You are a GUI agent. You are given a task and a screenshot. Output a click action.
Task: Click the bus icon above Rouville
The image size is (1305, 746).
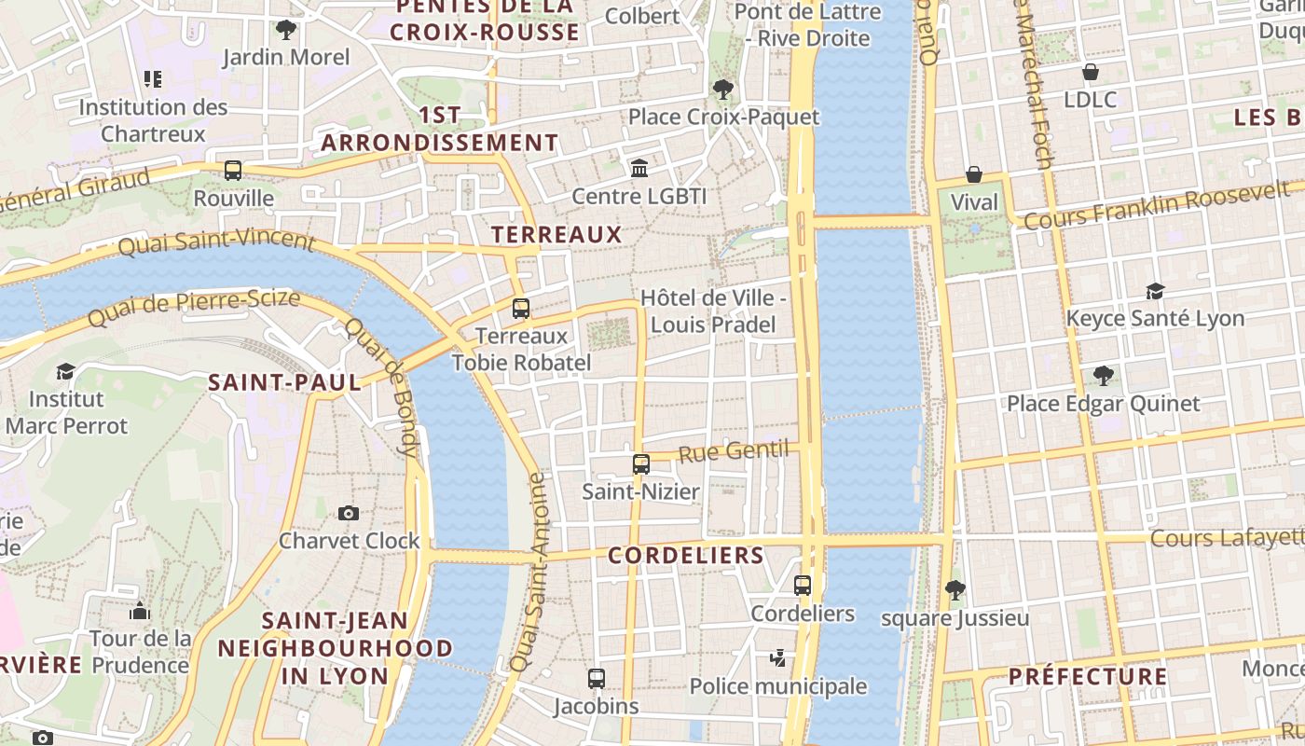[x=233, y=171]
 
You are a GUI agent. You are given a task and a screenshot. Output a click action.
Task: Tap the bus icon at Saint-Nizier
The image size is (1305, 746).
[x=641, y=463]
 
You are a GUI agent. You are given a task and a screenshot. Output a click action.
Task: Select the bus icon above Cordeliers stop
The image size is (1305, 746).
[x=803, y=586]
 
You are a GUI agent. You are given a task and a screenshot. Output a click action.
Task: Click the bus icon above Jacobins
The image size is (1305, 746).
[x=597, y=679]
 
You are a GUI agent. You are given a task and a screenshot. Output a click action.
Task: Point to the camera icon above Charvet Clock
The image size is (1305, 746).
[x=349, y=513]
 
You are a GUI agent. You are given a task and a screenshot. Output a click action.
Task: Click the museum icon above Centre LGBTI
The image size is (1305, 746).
[x=639, y=169]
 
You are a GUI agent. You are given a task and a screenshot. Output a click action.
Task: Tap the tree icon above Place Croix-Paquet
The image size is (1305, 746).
[x=722, y=90]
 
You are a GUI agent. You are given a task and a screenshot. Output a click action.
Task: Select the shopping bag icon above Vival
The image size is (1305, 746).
[x=974, y=174]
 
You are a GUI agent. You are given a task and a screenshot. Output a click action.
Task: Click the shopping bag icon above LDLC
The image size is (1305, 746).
[x=1091, y=72]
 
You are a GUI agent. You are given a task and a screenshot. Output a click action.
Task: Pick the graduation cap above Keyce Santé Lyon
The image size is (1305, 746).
[x=1155, y=291]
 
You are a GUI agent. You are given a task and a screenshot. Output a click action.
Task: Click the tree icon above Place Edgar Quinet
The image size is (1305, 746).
[x=1104, y=376]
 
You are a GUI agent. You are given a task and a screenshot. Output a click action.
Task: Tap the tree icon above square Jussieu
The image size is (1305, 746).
[x=955, y=589]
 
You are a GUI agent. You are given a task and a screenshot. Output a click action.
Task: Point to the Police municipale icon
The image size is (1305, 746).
[x=777, y=659]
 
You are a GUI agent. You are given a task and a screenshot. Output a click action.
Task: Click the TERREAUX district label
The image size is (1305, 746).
[x=556, y=234]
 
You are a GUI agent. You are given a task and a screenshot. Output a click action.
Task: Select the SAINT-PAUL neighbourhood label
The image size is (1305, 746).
[x=284, y=382]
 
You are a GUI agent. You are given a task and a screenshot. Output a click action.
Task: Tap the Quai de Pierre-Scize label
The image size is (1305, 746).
[x=194, y=309]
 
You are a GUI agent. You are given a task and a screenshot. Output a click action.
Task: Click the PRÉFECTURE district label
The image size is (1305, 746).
[x=1088, y=676]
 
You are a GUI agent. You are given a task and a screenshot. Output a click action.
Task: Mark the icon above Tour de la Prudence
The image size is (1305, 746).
[x=140, y=612]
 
